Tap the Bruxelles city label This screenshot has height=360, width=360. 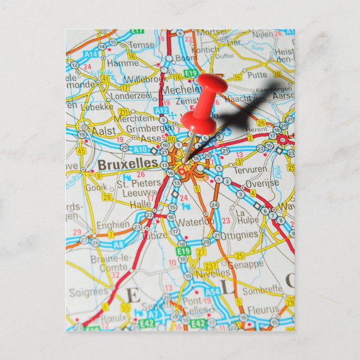pyautogui.click(x=127, y=164)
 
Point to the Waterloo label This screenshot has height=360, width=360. pyautogui.click(x=196, y=221)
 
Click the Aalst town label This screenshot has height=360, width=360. pyautogui.click(x=104, y=130)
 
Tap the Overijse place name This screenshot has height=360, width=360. pyautogui.click(x=262, y=183)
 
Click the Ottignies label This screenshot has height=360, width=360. pyautogui.click(x=240, y=235)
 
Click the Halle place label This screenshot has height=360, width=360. pyautogui.click(x=140, y=205)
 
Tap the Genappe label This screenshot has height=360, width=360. pyautogui.click(x=247, y=264)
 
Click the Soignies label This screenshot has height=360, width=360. pyautogui.click(x=88, y=291)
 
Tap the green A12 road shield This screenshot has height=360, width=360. pyautogui.click(x=162, y=111)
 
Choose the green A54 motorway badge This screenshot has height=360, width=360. pyautogui.click(x=212, y=292)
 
